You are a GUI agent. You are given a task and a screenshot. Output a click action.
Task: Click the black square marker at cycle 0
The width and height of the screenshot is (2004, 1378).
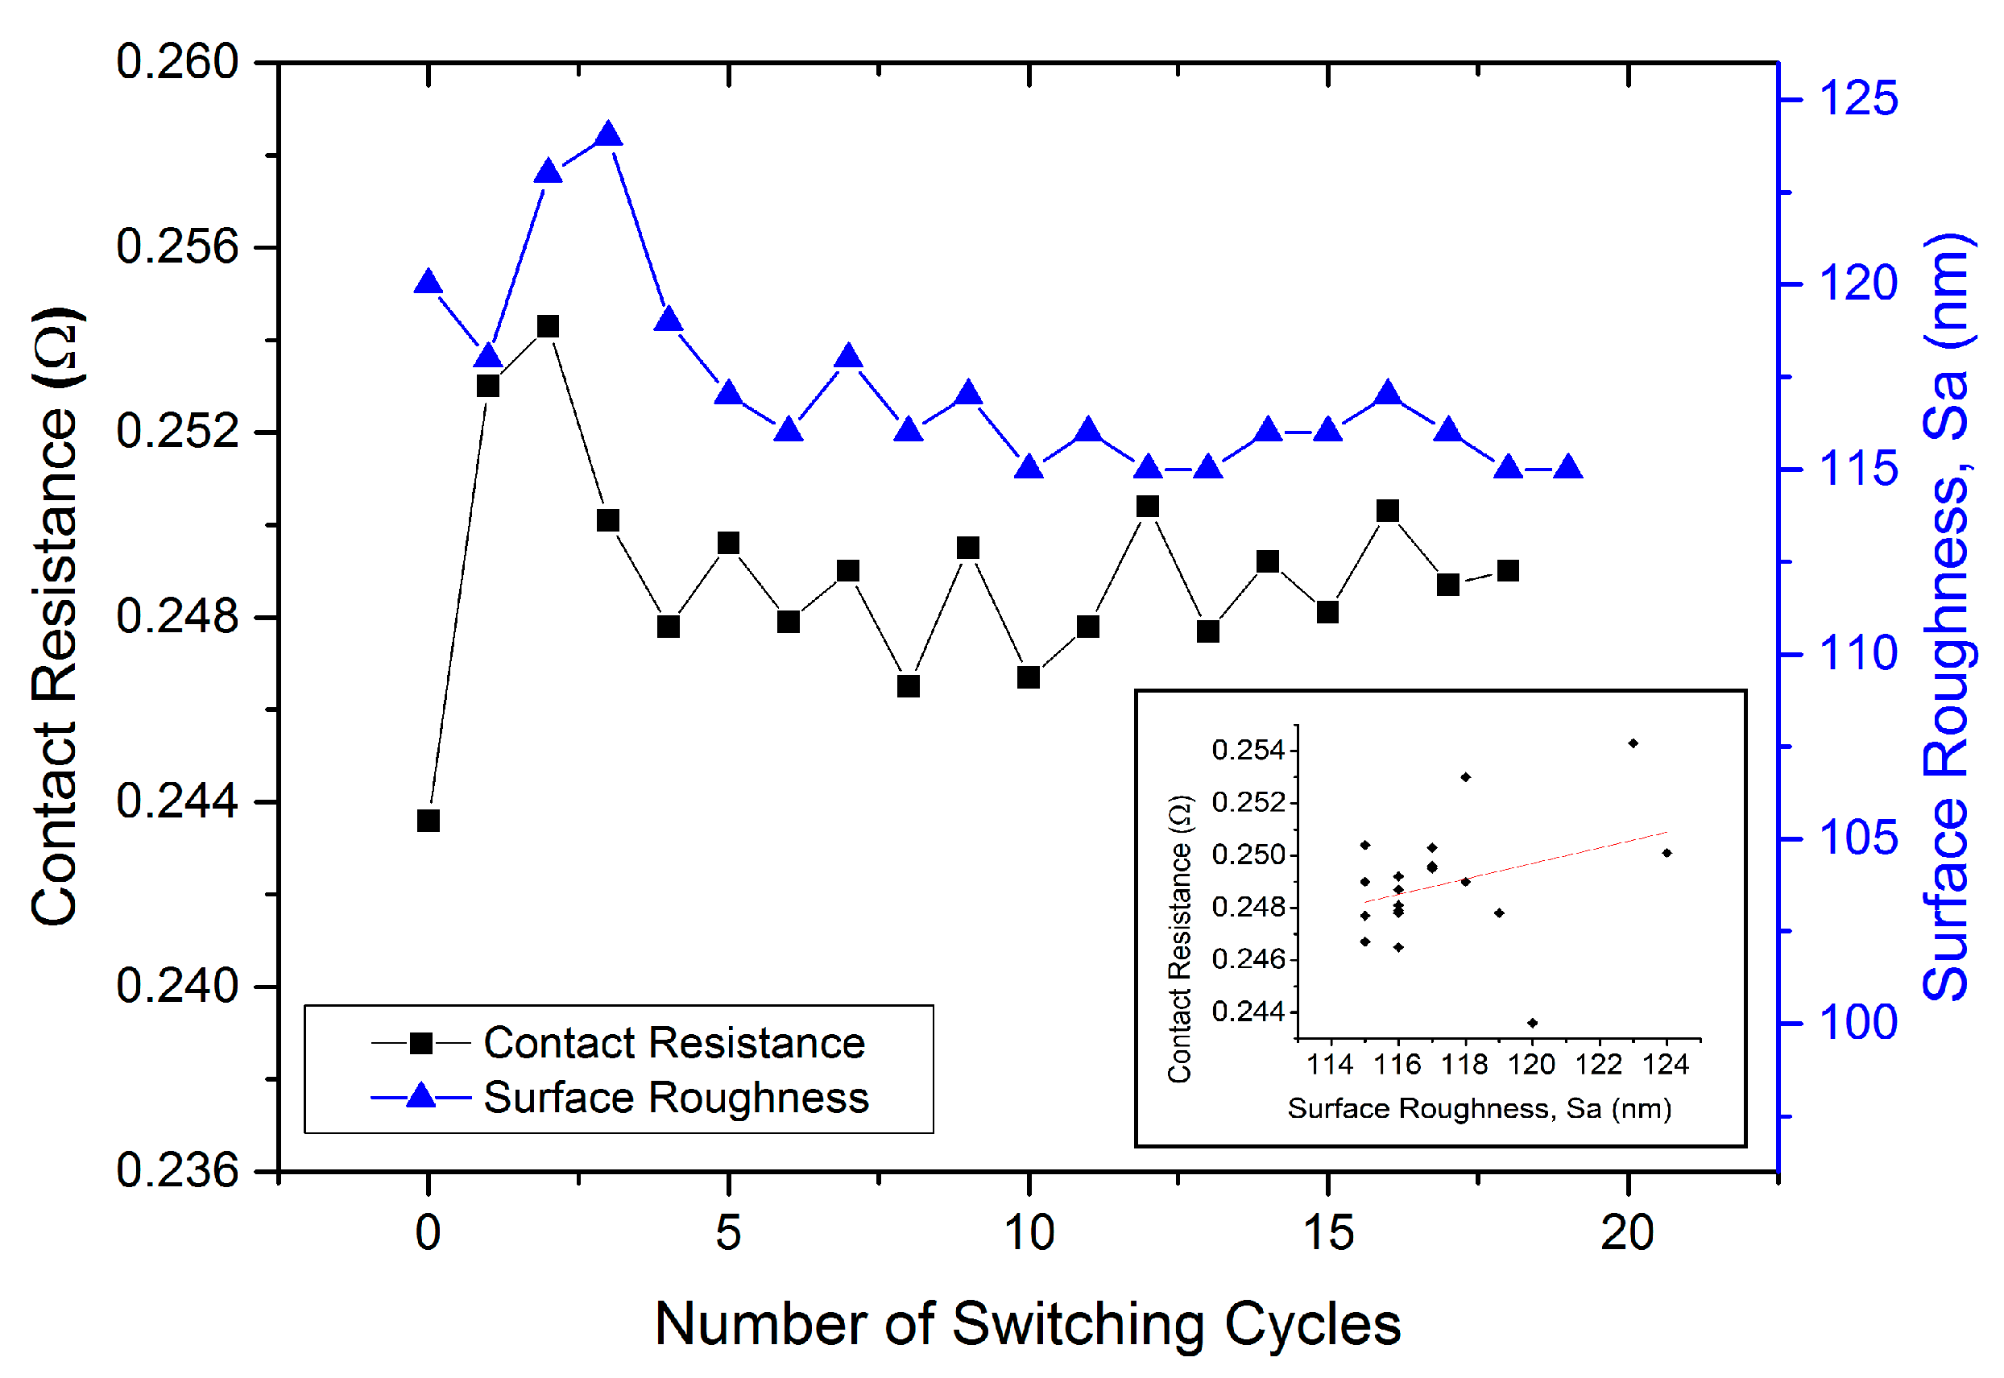coord(429,820)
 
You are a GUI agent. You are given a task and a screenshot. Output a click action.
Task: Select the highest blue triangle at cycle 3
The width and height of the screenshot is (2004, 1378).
coord(609,135)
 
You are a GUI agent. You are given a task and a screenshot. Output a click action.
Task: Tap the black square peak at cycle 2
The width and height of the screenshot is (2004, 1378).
coord(549,326)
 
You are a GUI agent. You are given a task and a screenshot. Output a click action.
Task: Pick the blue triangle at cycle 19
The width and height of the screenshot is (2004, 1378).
coord(1568,469)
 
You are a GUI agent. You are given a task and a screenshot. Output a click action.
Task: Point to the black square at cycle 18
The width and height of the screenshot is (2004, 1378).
coord(1508,571)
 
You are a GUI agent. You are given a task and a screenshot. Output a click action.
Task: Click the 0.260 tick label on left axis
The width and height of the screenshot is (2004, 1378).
coord(177,62)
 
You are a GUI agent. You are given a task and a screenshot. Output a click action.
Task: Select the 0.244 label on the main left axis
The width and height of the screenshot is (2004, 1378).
coord(177,801)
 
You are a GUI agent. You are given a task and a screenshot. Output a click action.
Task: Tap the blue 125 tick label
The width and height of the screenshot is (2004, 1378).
coord(1858,98)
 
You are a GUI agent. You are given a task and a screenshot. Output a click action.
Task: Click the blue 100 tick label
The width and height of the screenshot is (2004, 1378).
coord(1858,1023)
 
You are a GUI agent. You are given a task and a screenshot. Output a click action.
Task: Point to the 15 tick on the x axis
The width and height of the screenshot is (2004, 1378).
coord(1328,1233)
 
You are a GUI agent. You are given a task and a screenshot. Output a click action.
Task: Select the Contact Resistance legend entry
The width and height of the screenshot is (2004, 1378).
coord(673,1043)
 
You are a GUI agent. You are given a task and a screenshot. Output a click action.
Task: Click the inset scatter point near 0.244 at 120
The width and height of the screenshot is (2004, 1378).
coord(1533,1023)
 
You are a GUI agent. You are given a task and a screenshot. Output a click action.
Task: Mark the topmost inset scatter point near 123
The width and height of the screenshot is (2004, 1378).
coord(1633,743)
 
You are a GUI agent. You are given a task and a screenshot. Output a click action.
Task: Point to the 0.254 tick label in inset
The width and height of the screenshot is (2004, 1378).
coord(1248,751)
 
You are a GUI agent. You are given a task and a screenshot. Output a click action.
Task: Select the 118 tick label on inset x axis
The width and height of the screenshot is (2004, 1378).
coord(1465,1066)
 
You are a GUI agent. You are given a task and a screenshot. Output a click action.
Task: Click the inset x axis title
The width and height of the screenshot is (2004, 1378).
coord(1479,1109)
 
